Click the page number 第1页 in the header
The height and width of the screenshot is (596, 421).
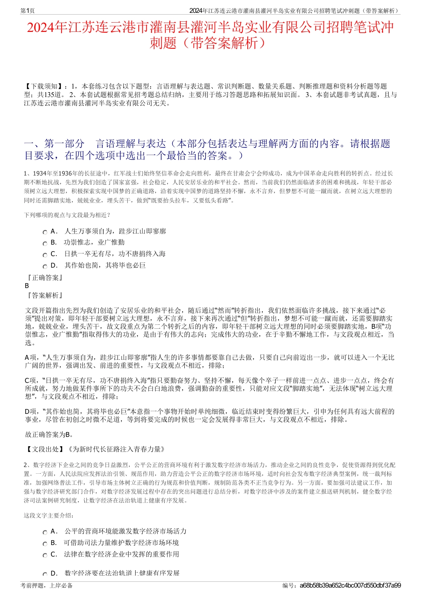coord(27,11)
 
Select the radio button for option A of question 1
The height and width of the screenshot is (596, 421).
coord(45,232)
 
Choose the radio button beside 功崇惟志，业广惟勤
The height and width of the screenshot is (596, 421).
coord(45,243)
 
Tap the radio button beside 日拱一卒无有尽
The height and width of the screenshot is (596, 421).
coord(45,255)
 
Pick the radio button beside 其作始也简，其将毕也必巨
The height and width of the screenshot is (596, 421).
coord(45,266)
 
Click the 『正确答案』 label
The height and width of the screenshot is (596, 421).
coord(45,277)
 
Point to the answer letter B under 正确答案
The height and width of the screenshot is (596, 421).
coord(27,286)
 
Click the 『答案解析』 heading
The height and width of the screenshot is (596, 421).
coord(45,295)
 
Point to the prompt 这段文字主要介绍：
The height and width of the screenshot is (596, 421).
coord(49,515)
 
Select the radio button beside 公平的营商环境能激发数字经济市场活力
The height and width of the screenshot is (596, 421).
coord(45,532)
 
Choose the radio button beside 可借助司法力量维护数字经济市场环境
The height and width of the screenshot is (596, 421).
coord(45,544)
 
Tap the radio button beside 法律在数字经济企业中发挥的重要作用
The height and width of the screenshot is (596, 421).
coord(45,555)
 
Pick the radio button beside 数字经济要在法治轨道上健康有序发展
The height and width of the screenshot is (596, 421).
coord(45,574)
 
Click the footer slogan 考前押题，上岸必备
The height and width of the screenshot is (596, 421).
coord(47,585)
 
